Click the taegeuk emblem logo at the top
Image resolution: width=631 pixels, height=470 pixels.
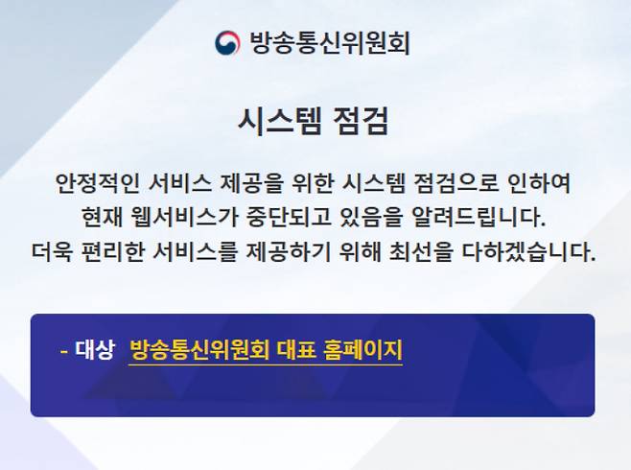pos(228,43)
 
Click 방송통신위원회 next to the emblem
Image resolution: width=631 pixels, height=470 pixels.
pos(329,43)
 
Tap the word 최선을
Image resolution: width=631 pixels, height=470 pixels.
pos(463,251)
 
